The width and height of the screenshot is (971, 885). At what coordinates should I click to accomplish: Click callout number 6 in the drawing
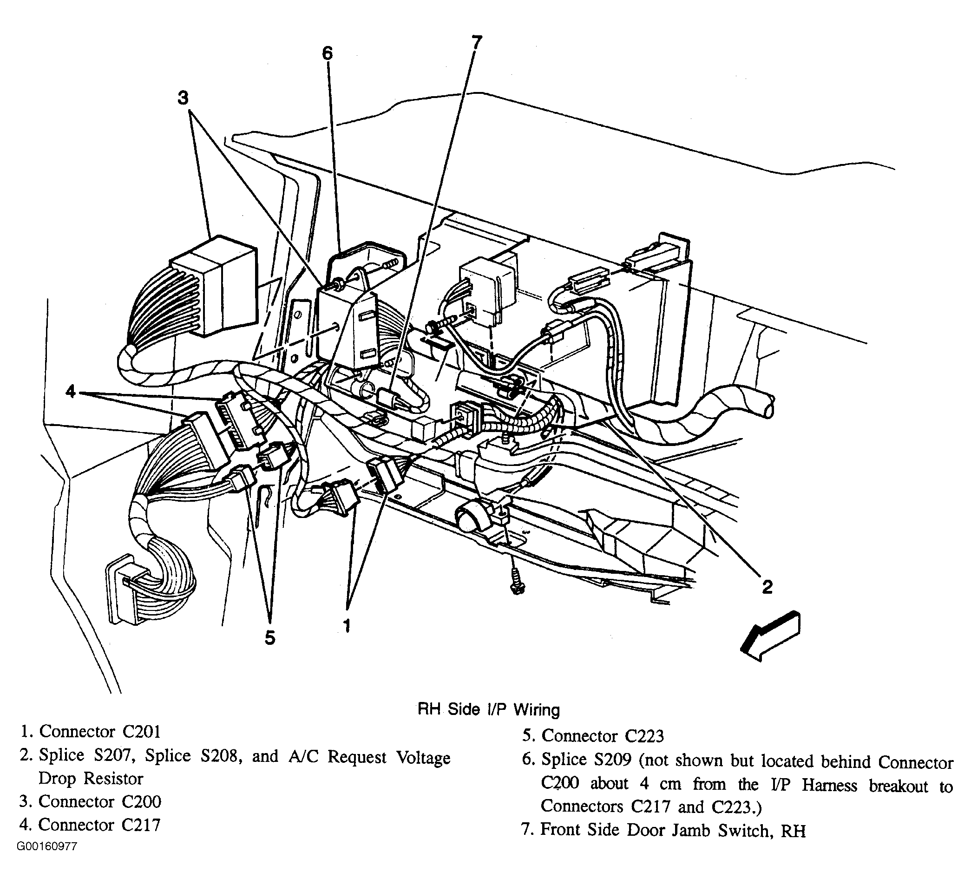[x=328, y=53]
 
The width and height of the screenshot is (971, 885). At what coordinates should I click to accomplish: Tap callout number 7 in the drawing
[x=476, y=43]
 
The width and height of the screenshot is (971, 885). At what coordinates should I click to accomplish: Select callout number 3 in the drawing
[x=183, y=98]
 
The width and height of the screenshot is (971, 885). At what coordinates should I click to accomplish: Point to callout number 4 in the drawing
[x=71, y=392]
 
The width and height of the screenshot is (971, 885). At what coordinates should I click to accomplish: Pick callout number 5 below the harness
[x=270, y=637]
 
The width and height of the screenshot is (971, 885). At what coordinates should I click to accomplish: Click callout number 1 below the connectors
[x=347, y=625]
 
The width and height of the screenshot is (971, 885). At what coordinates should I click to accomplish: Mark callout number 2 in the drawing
[x=767, y=586]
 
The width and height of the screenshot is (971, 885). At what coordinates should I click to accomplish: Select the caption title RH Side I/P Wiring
[x=488, y=710]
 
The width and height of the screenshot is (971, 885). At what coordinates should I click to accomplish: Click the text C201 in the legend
[x=141, y=732]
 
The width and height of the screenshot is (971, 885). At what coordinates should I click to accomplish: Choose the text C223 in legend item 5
[x=644, y=736]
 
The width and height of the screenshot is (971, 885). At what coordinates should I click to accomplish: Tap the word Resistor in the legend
[x=114, y=779]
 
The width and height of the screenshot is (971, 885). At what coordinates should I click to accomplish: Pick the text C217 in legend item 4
[x=141, y=825]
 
